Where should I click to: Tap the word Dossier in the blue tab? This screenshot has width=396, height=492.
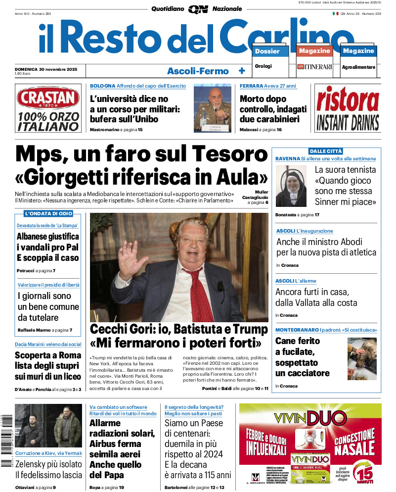[267, 51]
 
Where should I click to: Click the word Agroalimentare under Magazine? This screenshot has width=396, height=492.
[358, 67]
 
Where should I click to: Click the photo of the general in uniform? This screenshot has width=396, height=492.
[212, 108]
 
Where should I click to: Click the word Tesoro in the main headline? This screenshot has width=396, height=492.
[229, 153]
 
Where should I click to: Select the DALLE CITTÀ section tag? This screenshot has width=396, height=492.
[326, 151]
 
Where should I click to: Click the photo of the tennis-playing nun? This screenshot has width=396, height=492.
[291, 186]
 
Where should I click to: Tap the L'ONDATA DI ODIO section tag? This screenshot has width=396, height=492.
[48, 213]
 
